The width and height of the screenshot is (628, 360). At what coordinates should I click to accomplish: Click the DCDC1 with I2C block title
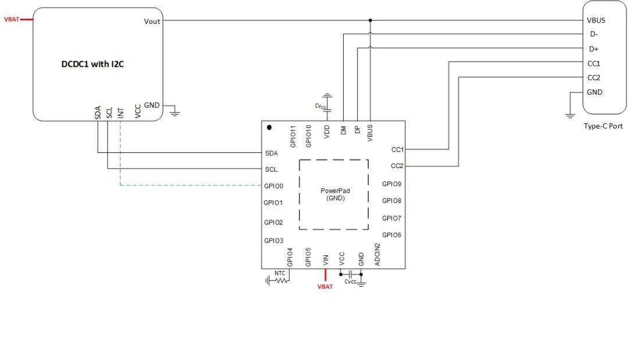(92, 64)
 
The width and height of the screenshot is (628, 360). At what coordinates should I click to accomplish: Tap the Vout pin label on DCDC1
(152, 22)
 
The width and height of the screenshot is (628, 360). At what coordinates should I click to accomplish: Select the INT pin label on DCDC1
(121, 113)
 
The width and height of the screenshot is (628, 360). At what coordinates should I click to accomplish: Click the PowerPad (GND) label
(336, 194)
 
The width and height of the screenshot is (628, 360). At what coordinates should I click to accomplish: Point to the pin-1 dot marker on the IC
(269, 127)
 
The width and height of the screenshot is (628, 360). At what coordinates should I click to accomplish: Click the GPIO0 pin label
(273, 186)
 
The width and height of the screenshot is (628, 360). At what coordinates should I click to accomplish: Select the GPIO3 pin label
(273, 241)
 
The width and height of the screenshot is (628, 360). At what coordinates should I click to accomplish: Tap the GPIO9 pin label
(391, 184)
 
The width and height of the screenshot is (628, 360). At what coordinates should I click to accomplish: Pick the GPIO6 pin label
(391, 235)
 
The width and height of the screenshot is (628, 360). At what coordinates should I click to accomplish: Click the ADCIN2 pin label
(377, 254)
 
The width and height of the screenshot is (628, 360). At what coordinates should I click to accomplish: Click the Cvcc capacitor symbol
(351, 275)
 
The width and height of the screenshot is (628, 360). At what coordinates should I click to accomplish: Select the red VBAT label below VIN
(325, 287)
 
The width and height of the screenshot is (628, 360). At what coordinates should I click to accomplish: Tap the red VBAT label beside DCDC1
(12, 19)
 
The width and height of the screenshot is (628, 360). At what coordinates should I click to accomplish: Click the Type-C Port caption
(603, 126)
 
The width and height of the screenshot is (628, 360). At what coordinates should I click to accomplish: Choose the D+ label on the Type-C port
(594, 49)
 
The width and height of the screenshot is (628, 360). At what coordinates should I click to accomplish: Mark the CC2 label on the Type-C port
(594, 78)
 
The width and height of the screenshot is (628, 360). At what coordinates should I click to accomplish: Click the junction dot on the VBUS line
(370, 20)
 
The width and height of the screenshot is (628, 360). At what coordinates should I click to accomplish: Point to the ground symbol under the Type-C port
(570, 116)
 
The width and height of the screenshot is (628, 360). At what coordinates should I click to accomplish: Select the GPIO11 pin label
(293, 136)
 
